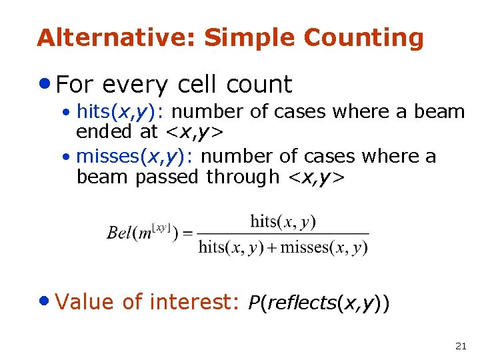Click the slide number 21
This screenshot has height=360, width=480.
point(460,345)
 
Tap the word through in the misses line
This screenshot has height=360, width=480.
point(243,177)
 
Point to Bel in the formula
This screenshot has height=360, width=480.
point(119,234)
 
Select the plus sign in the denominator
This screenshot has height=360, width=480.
point(273,248)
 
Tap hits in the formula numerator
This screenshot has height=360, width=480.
point(265,221)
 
